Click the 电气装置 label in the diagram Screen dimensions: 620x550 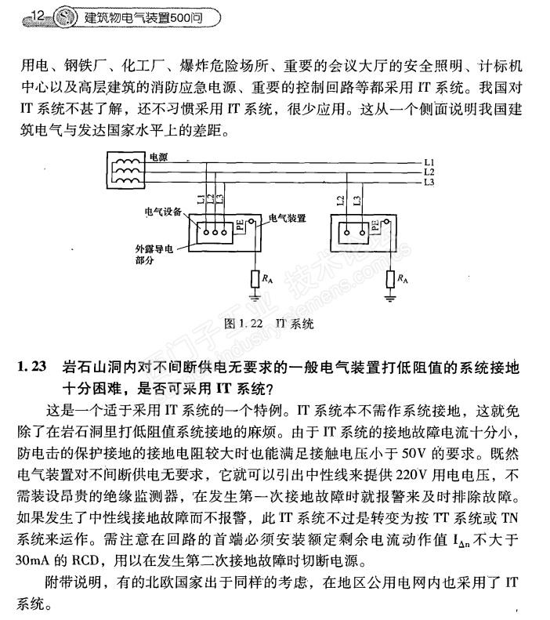click(x=286, y=219)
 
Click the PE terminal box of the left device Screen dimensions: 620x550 click(x=241, y=227)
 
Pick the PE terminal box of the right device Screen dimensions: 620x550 click(x=375, y=227)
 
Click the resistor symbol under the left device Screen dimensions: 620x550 click(x=255, y=279)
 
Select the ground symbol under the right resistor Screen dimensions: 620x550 click(x=389, y=297)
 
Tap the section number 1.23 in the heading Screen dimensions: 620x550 click(x=32, y=367)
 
